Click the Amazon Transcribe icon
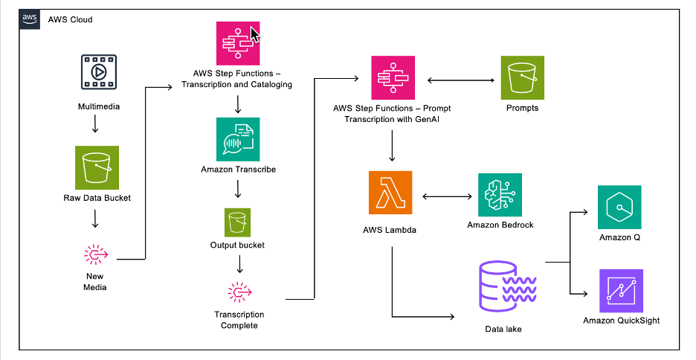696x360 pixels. pyautogui.click(x=238, y=139)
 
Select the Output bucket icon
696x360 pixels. pyautogui.click(x=238, y=221)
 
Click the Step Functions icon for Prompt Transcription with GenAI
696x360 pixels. pyautogui.click(x=392, y=77)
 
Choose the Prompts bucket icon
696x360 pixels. pyautogui.click(x=522, y=77)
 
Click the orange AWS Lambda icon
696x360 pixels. pyautogui.click(x=391, y=195)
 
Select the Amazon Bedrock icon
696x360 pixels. pyautogui.click(x=500, y=195)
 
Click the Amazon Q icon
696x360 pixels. pyautogui.click(x=619, y=209)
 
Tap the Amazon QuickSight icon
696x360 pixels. pyautogui.click(x=620, y=292)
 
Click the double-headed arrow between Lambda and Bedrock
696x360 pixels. pyautogui.click(x=447, y=197)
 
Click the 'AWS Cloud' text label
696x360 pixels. pyautogui.click(x=71, y=19)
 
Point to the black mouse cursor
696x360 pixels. pyautogui.click(x=255, y=35)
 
